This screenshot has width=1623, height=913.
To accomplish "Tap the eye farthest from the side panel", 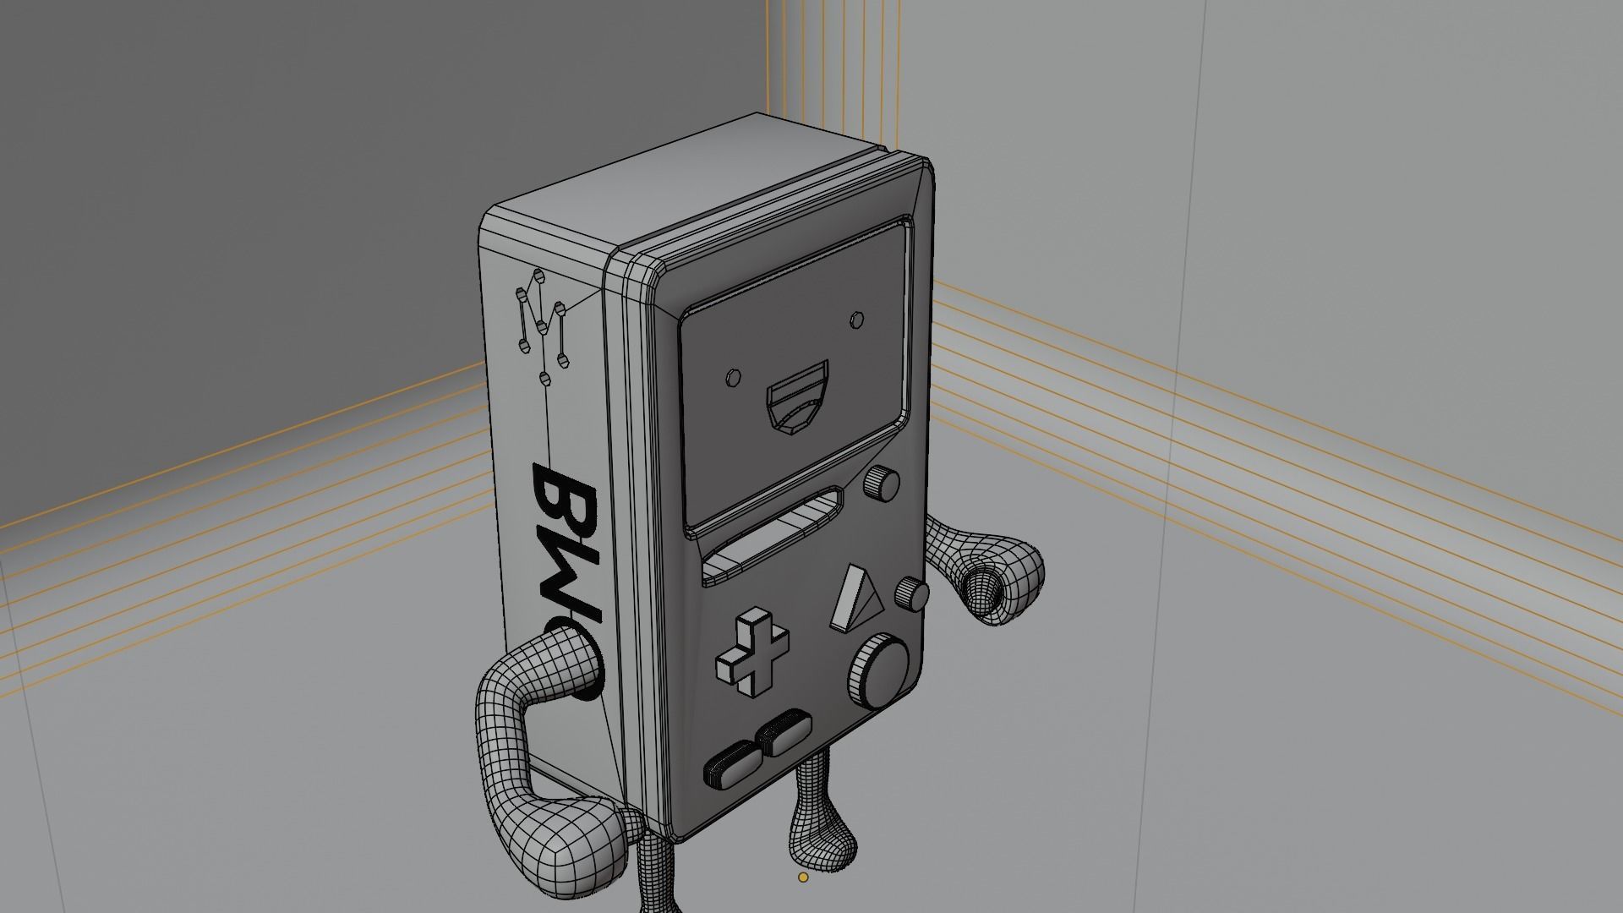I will (857, 320).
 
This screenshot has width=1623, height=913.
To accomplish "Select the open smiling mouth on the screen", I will (797, 396).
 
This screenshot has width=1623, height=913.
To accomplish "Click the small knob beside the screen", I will (882, 484).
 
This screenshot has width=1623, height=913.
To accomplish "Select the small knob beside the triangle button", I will (914, 594).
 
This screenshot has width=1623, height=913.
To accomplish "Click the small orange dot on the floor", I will (803, 877).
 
